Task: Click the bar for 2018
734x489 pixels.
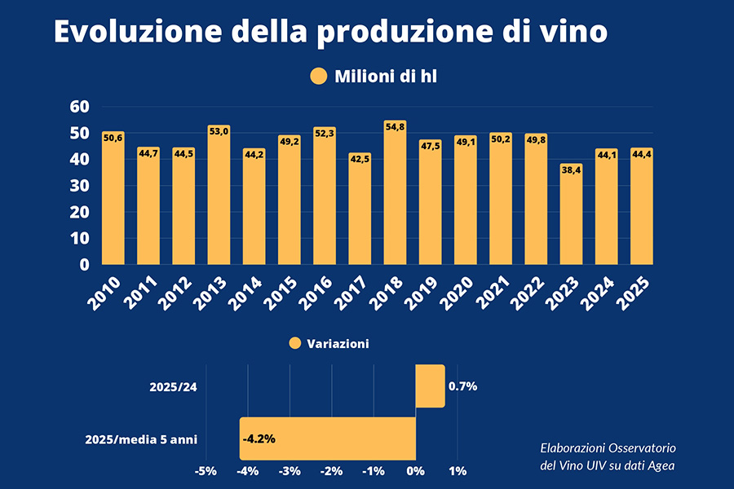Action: click(x=395, y=196)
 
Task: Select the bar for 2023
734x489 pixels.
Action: click(x=571, y=216)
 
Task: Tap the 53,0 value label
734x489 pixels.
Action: click(x=219, y=130)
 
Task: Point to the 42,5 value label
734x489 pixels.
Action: click(x=360, y=159)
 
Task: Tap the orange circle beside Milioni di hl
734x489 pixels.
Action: click(x=318, y=77)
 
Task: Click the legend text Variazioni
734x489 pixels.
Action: click(x=338, y=344)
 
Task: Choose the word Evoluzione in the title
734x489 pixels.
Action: click(x=135, y=31)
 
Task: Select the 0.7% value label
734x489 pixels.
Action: click(x=463, y=386)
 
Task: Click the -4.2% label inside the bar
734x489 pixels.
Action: click(x=259, y=438)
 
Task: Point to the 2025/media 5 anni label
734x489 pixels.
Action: click(x=141, y=440)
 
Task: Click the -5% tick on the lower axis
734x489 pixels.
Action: click(x=205, y=471)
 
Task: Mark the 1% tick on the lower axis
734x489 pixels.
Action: click(x=458, y=471)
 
